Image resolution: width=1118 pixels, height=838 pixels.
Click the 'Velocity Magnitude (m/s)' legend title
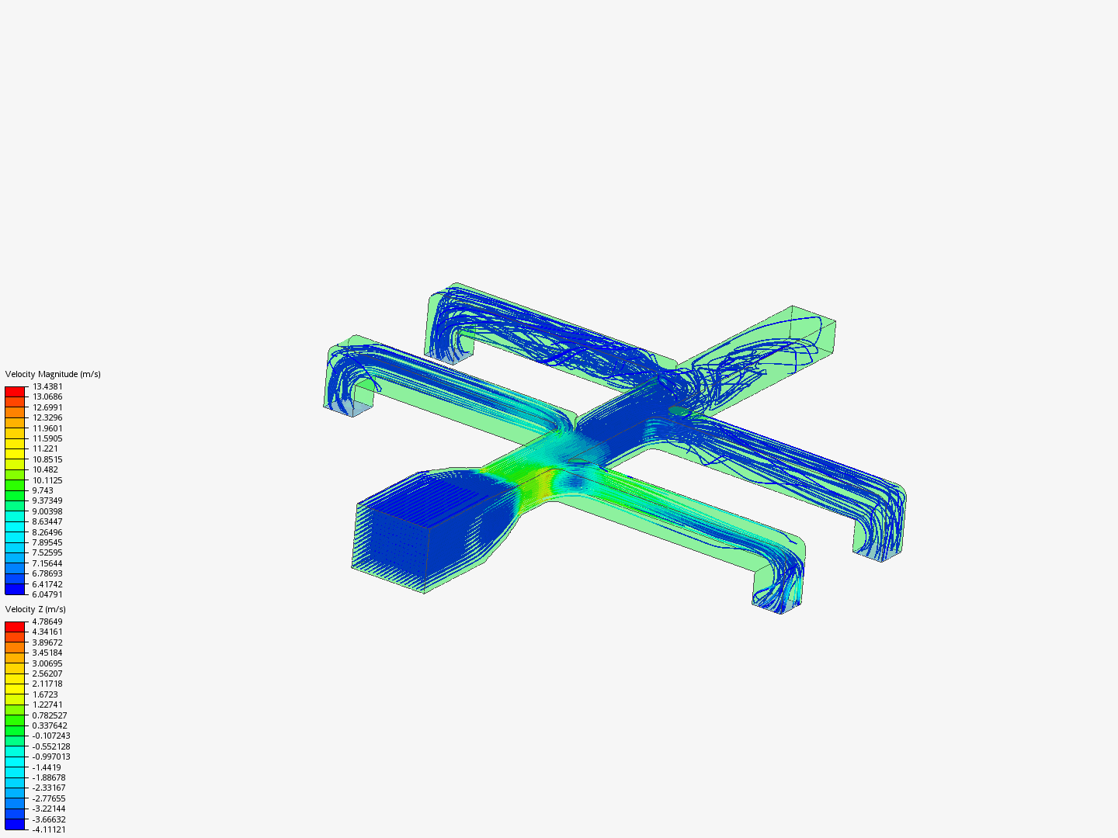click(53, 374)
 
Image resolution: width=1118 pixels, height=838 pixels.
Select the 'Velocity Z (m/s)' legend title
click(36, 609)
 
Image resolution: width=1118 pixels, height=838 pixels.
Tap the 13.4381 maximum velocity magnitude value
click(47, 386)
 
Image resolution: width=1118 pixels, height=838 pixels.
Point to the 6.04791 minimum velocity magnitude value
click(47, 594)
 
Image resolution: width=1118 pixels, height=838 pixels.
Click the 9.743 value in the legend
click(43, 490)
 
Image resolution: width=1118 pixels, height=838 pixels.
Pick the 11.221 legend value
click(45, 448)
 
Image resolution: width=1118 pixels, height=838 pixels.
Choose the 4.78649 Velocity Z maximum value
click(47, 622)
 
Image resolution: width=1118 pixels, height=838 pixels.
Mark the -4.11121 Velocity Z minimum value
click(49, 829)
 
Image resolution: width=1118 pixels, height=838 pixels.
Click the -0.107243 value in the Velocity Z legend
click(51, 736)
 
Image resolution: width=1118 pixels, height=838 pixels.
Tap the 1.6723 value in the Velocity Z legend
click(45, 694)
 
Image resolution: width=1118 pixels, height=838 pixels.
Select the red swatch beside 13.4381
click(15, 392)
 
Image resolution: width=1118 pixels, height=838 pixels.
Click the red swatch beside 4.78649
click(15, 627)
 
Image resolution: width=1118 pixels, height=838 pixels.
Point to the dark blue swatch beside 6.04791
click(15, 589)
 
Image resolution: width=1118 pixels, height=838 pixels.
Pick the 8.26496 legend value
click(47, 532)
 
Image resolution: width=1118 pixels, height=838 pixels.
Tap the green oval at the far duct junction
click(679, 410)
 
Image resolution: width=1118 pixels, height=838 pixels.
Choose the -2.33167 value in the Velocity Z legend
click(49, 788)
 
